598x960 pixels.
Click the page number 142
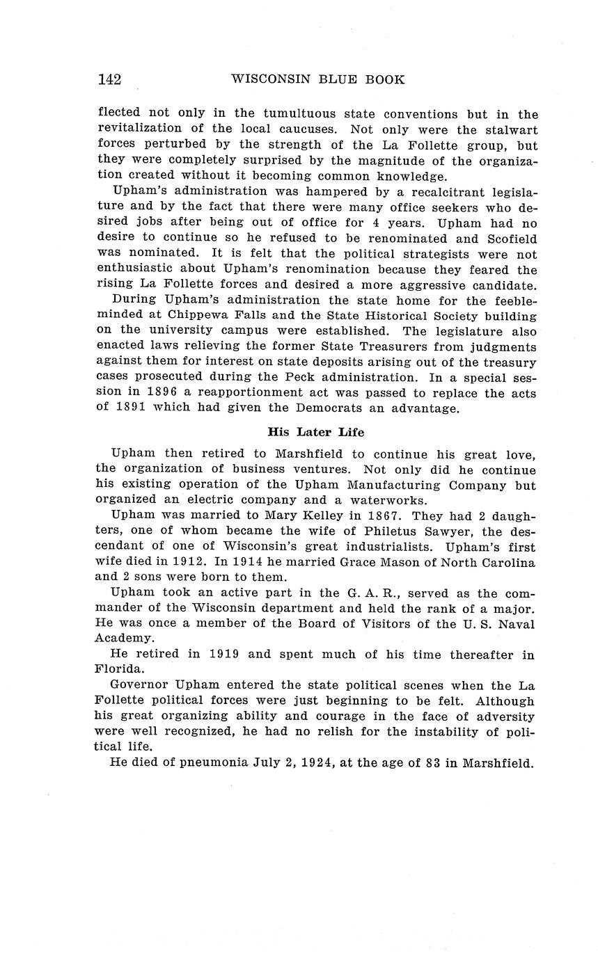coord(109,79)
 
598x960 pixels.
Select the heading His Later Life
coord(315,432)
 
